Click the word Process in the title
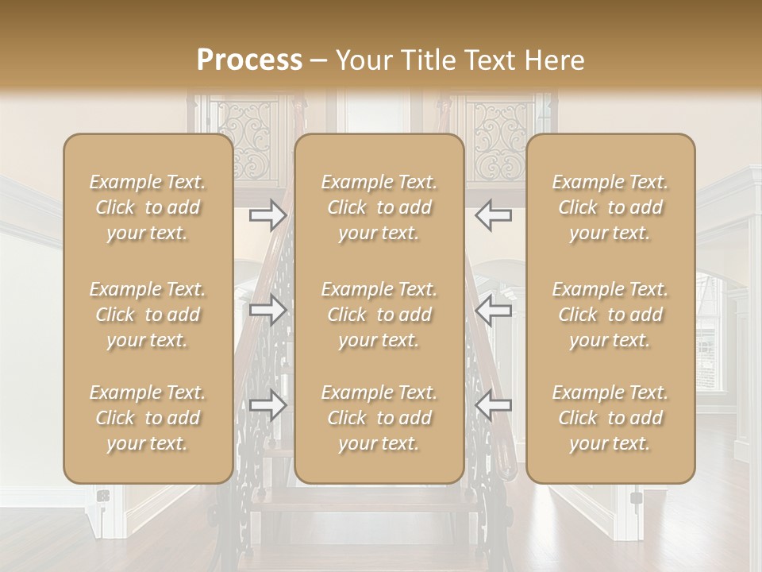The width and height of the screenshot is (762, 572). [x=249, y=60]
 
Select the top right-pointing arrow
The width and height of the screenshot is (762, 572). [x=267, y=215]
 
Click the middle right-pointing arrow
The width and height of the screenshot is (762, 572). [x=267, y=310]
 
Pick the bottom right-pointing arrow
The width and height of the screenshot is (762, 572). [x=267, y=405]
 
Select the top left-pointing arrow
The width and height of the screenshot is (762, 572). [x=493, y=215]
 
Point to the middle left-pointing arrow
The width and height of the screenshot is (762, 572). [x=493, y=310]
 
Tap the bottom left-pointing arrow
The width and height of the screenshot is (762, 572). [x=493, y=405]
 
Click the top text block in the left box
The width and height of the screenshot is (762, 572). [x=148, y=207]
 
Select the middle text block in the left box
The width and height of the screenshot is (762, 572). [x=148, y=315]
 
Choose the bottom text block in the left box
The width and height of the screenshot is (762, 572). [x=148, y=418]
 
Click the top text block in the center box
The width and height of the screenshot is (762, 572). [x=379, y=207]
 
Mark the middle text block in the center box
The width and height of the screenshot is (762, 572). [x=379, y=315]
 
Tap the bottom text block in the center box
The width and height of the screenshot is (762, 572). [x=379, y=418]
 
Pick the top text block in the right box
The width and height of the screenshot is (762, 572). [x=610, y=207]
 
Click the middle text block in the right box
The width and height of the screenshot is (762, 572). [x=610, y=315]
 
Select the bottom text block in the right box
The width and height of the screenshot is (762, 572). [x=610, y=418]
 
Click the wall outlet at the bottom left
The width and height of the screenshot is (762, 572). [x=102, y=497]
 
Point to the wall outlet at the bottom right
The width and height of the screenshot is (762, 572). [x=636, y=499]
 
